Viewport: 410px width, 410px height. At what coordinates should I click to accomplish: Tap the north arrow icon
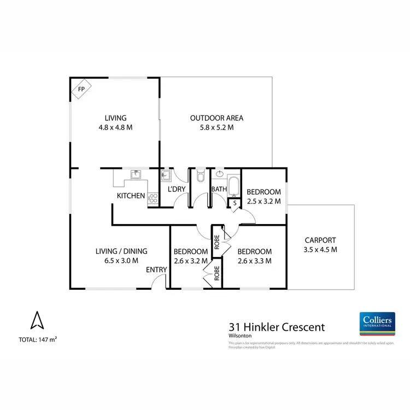point(37,320)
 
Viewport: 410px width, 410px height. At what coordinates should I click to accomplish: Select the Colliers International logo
point(377,324)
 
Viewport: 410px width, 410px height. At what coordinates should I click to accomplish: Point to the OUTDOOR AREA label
point(216,118)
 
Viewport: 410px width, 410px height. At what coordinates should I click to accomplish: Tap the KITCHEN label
point(131,196)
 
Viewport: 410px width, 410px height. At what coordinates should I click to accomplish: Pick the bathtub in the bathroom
point(233,186)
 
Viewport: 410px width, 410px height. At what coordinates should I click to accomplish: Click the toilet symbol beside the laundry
point(200,176)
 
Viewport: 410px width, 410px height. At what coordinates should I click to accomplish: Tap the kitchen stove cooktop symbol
point(153,199)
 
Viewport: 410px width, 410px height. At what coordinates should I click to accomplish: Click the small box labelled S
point(234,203)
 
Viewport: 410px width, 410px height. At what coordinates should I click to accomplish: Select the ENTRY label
point(156,270)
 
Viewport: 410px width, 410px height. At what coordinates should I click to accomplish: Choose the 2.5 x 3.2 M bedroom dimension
point(263,201)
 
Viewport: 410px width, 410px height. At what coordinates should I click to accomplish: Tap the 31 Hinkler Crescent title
point(276,327)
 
